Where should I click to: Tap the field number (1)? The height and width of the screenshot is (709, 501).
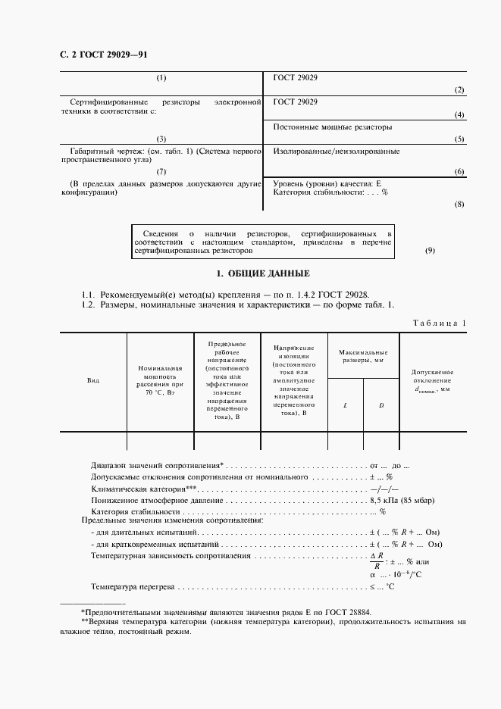tap(161, 78)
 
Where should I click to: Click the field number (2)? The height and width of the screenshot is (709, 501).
tap(459, 90)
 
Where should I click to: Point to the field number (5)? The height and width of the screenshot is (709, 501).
tap(459, 139)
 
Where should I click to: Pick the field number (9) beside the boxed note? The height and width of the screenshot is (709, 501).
tap(430, 251)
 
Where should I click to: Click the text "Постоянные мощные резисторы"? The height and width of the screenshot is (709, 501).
tap(332, 126)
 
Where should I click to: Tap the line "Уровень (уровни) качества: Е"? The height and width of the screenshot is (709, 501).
tap(321, 184)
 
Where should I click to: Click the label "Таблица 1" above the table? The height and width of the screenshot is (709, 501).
tap(440, 323)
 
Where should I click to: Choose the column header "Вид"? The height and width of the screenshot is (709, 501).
tap(93, 381)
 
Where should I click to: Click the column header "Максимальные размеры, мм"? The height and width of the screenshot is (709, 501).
tap(363, 356)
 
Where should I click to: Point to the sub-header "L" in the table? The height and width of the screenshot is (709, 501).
tap(345, 405)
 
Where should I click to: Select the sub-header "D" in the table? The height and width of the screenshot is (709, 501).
tap(381, 405)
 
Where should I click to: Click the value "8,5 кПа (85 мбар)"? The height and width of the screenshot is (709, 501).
tap(399, 501)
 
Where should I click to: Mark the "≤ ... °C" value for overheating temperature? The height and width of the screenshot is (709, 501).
tap(382, 586)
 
